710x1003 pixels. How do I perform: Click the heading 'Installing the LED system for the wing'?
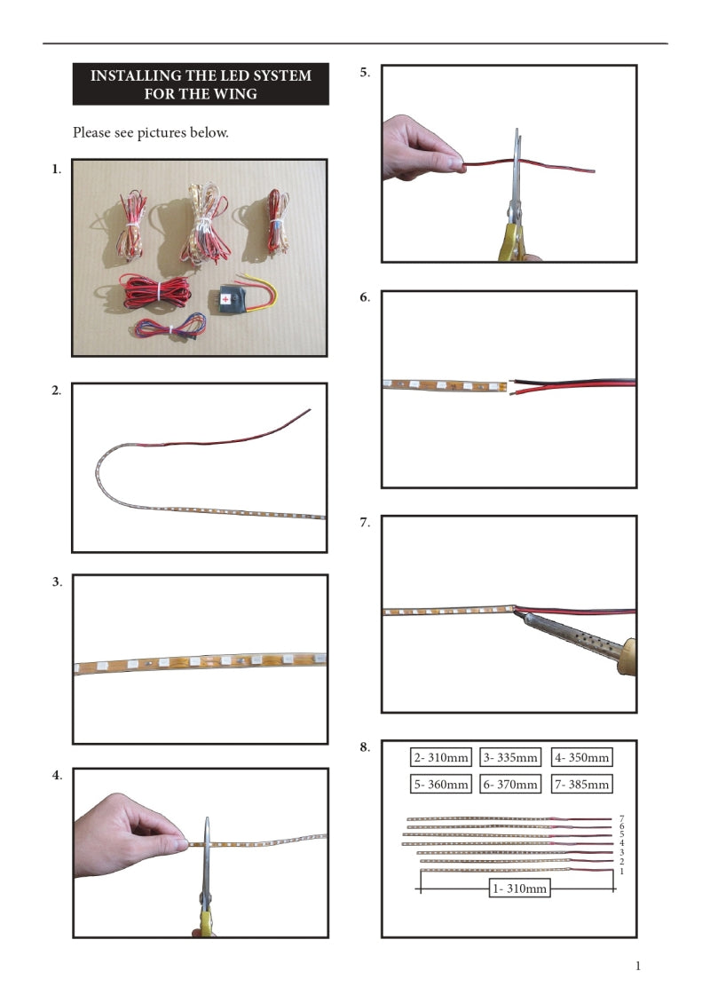[201, 84]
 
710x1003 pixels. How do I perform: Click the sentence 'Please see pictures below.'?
[150, 133]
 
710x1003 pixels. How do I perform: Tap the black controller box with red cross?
[229, 299]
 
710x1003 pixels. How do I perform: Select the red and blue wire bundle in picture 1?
[171, 327]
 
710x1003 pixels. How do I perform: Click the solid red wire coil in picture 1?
[154, 292]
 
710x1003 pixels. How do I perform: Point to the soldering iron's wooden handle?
[627, 658]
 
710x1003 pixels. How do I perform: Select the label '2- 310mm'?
[441, 758]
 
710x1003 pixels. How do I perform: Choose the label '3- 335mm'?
[510, 758]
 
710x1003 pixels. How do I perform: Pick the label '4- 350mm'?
[581, 758]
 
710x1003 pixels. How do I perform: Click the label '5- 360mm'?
[441, 785]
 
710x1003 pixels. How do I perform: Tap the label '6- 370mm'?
[510, 785]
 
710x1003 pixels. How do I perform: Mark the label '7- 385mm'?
[581, 785]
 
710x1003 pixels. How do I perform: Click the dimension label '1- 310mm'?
[519, 888]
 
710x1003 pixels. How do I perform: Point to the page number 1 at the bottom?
[638, 966]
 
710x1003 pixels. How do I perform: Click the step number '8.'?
[366, 747]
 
